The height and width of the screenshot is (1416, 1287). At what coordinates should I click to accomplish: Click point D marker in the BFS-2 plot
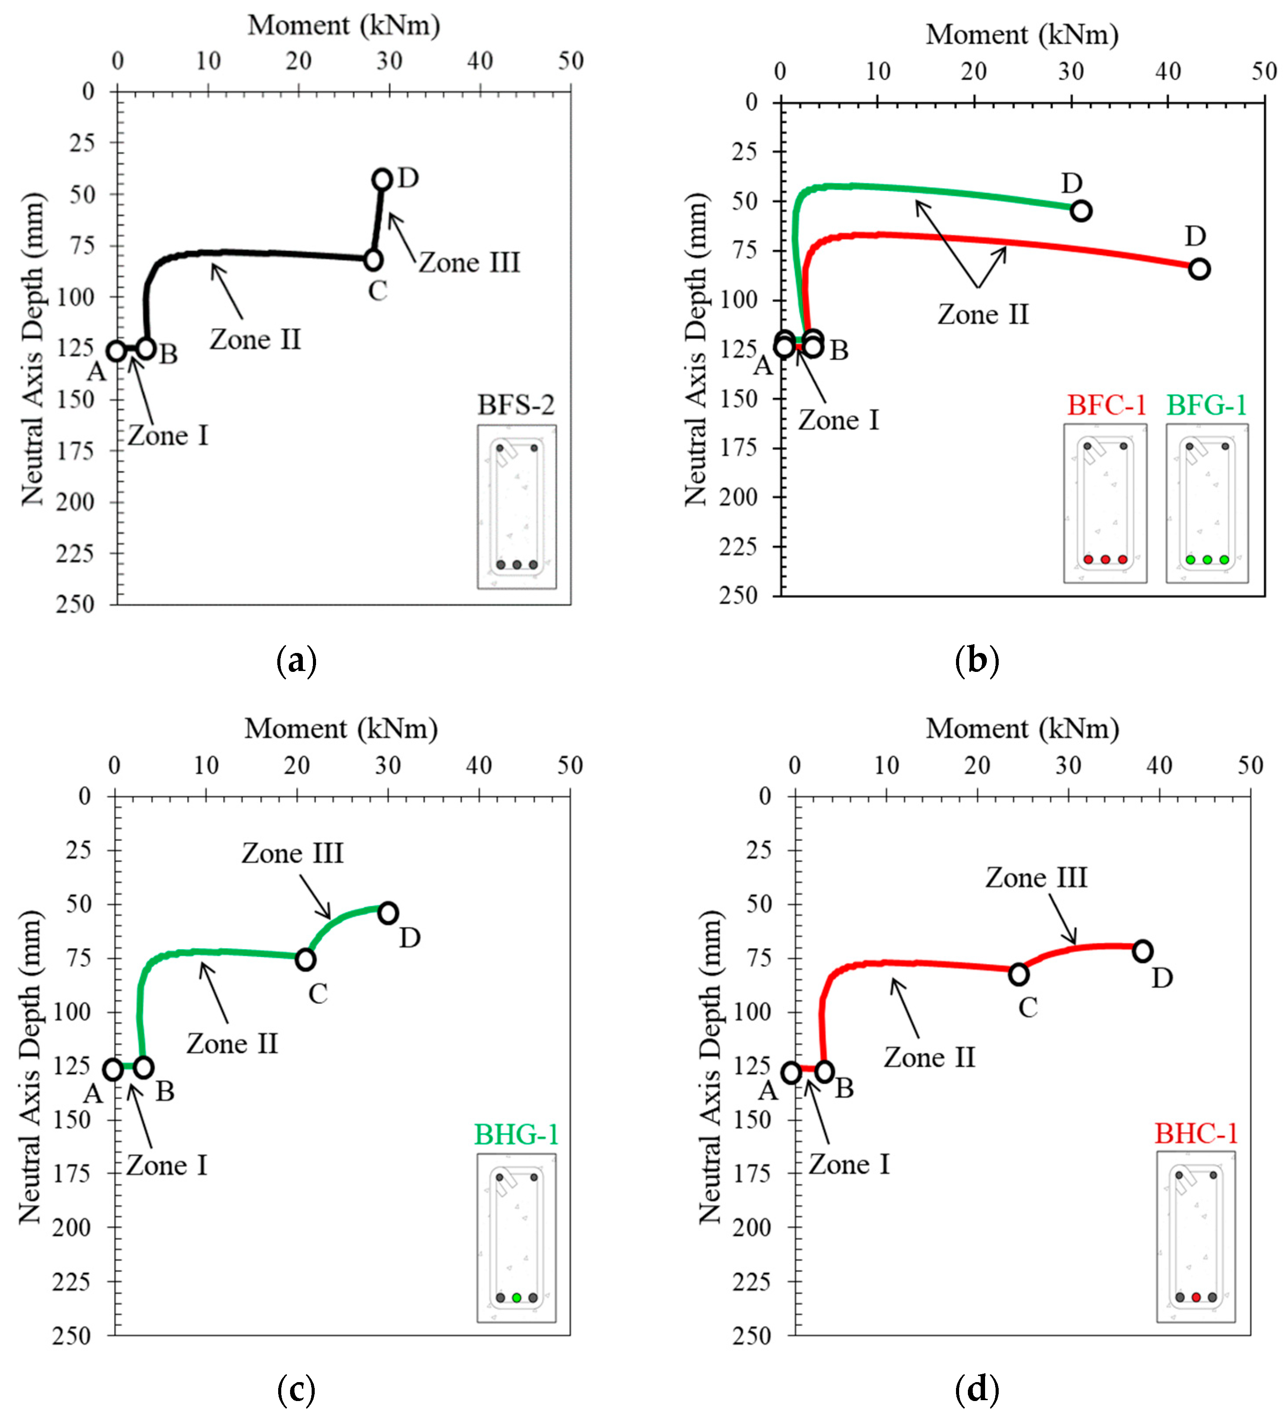(382, 179)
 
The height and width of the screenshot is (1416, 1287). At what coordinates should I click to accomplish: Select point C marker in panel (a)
(374, 260)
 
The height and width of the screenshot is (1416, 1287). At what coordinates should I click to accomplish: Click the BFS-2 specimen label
(516, 405)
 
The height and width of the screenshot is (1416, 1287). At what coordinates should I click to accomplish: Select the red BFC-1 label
(1107, 405)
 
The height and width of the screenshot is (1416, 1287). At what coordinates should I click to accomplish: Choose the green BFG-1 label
(1207, 405)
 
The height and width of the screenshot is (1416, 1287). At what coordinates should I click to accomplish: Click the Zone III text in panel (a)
(470, 263)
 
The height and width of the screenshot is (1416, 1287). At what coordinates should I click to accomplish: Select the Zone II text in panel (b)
(983, 314)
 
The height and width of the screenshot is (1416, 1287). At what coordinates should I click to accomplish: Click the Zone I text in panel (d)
(849, 1165)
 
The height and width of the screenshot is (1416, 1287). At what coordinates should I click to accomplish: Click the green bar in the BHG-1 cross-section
(517, 1298)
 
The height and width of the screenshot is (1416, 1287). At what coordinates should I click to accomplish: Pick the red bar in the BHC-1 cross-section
(1196, 1297)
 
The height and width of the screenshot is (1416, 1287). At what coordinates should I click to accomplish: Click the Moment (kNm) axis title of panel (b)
(1022, 34)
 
